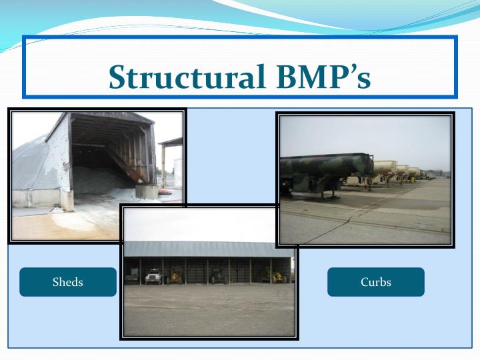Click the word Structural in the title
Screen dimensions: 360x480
(180, 77)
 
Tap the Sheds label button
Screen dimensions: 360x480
(68, 282)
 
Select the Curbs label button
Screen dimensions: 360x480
(375, 282)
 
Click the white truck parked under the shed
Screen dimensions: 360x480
(153, 275)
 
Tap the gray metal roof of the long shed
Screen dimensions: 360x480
(207, 249)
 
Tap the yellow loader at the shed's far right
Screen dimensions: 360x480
(277, 275)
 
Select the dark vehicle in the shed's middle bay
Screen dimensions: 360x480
(218, 275)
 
